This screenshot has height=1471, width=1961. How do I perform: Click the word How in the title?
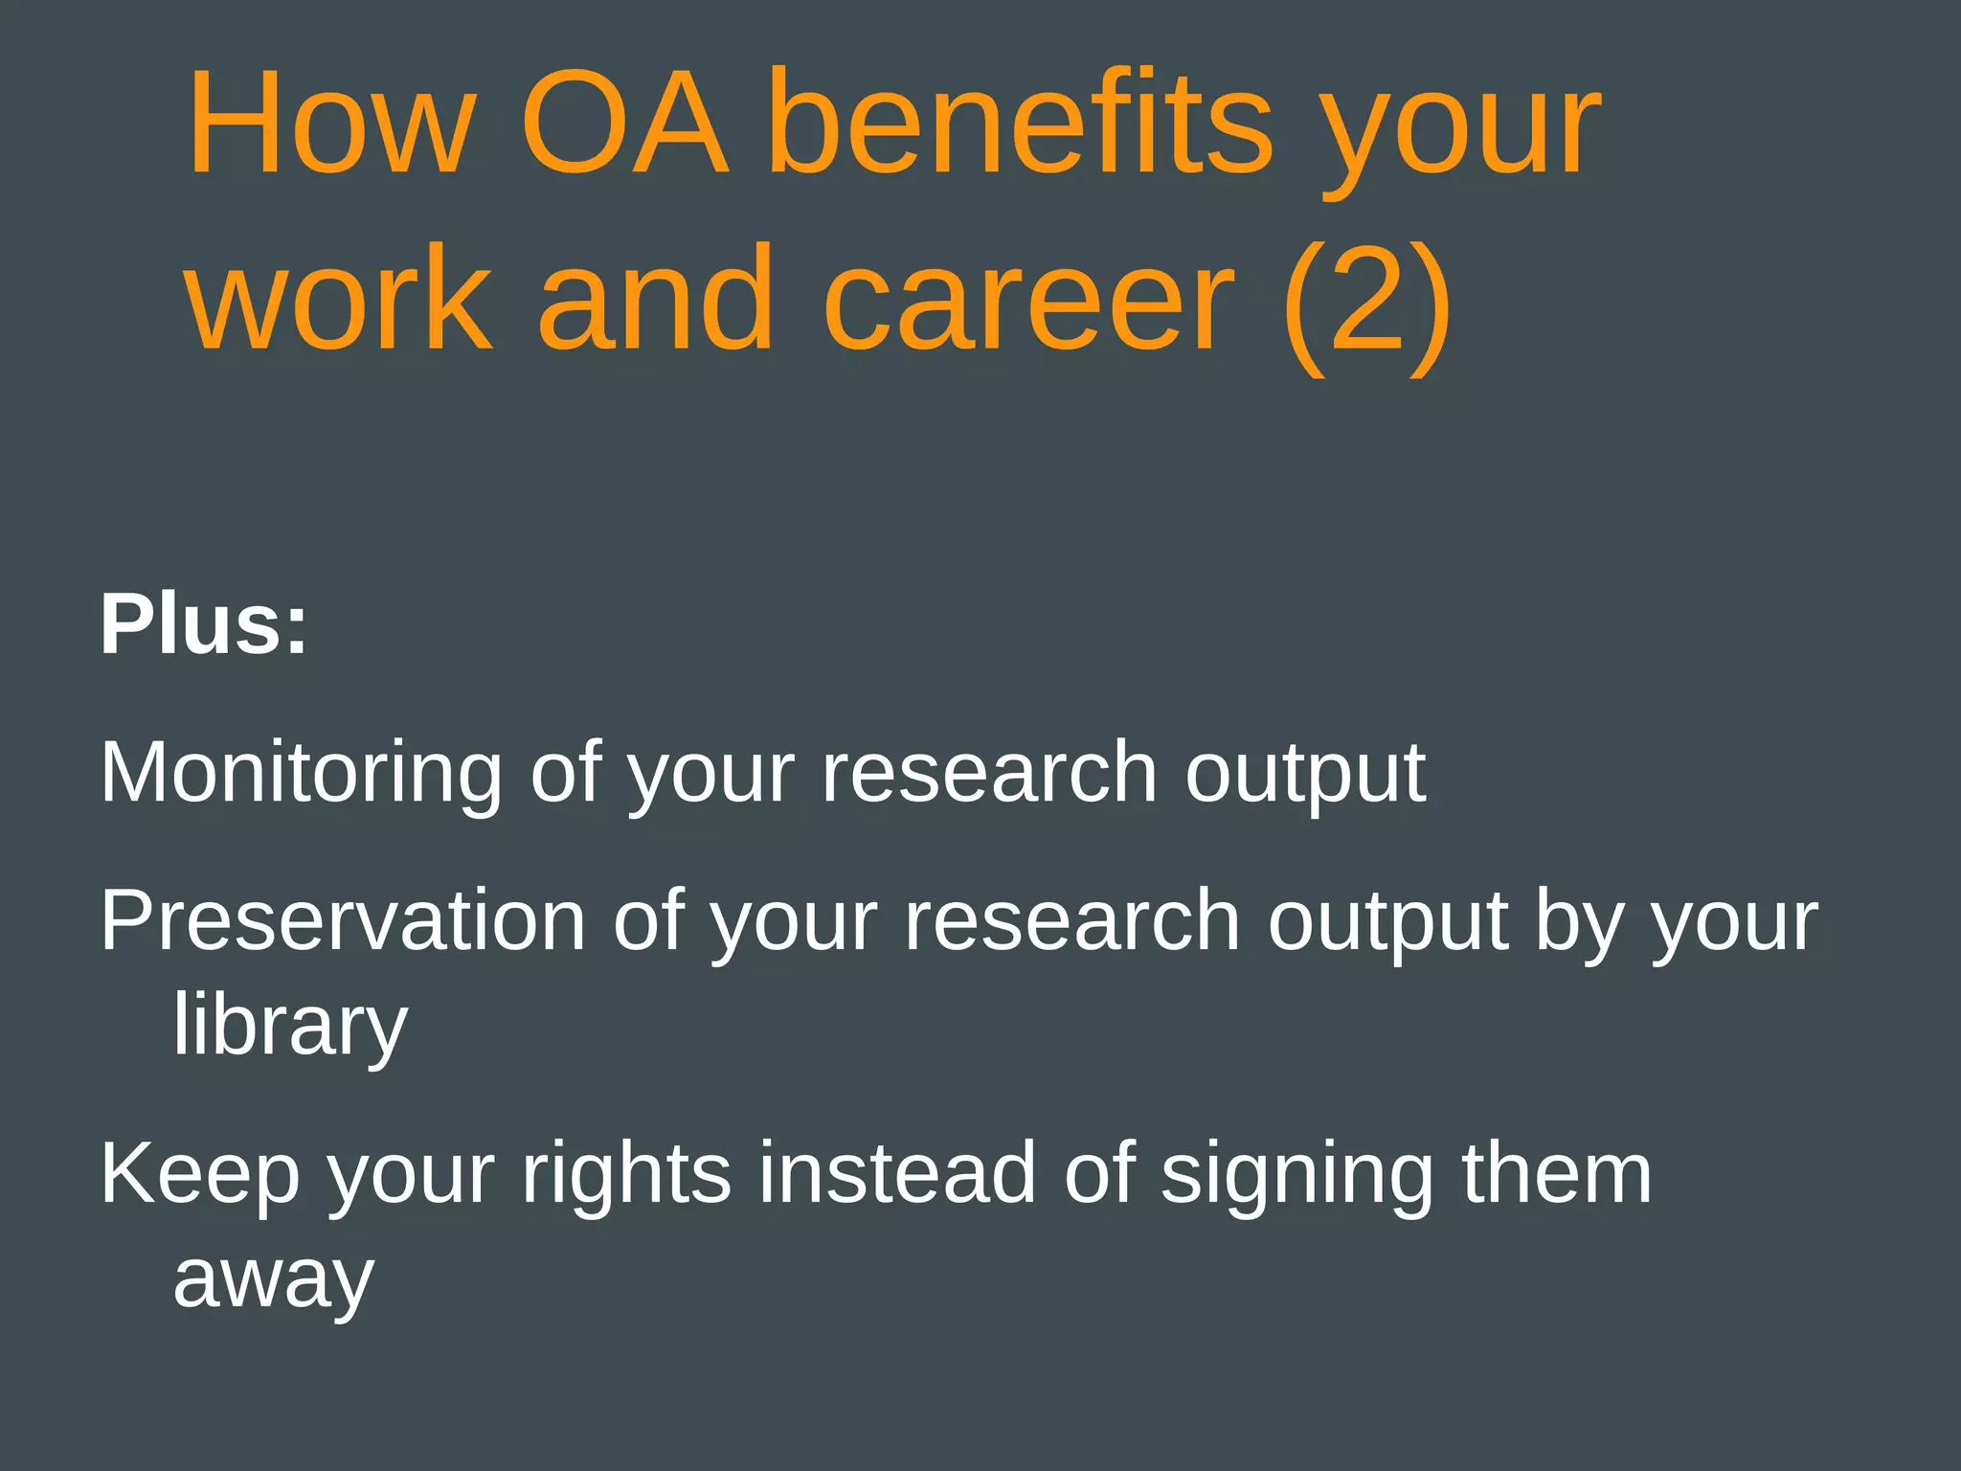[331, 124]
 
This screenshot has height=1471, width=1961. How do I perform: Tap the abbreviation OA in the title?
[623, 124]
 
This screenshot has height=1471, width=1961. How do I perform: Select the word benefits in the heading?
[1021, 124]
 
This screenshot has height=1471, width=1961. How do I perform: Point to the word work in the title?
[340, 301]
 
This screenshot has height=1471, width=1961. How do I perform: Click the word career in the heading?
[1028, 301]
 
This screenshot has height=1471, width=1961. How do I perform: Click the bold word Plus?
[204, 625]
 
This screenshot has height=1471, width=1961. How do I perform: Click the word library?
[290, 1026]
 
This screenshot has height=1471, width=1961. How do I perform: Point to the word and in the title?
[655, 301]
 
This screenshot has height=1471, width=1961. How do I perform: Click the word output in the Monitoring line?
[1305, 775]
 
